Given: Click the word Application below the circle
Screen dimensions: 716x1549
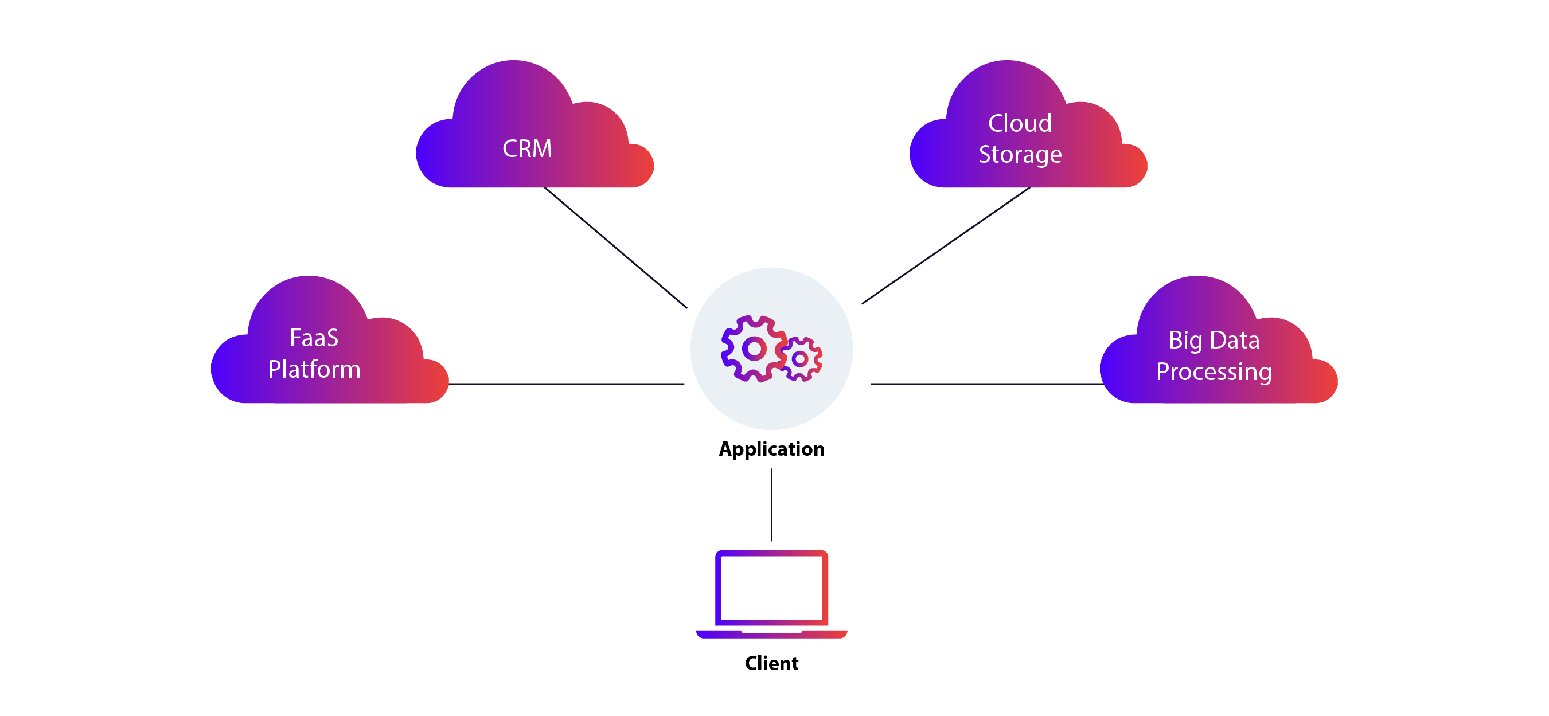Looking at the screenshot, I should point(771,449).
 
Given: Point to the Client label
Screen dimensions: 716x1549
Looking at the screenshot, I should point(771,663).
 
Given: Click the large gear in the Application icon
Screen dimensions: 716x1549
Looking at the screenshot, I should point(754,349).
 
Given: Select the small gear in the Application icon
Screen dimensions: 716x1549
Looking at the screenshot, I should point(801,359).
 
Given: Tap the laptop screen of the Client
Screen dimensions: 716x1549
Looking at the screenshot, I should point(771,588).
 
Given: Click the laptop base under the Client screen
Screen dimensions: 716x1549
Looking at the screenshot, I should point(771,634).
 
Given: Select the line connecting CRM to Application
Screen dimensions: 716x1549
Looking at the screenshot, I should point(615,247).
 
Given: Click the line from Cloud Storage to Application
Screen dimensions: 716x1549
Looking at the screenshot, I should point(946,245).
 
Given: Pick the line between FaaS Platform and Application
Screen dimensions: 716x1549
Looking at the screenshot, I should point(567,384).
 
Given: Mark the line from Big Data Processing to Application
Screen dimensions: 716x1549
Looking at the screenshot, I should point(986,384).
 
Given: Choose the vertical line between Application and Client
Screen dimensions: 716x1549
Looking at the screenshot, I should point(771,505).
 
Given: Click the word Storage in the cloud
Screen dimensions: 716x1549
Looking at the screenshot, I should point(1020,155).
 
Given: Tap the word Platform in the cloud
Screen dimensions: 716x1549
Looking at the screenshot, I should point(314,369).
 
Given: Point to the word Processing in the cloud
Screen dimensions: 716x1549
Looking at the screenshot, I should point(1214,371).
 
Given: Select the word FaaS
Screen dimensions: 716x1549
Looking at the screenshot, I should point(314,338).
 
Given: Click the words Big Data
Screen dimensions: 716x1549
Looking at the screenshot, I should point(1214,341).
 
